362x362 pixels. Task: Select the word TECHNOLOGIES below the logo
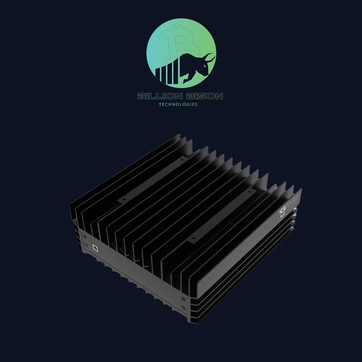tap(178, 104)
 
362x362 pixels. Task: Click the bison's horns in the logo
tap(211, 57)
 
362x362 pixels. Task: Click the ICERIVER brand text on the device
tap(289, 203)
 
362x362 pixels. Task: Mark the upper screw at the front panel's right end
tap(182, 299)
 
